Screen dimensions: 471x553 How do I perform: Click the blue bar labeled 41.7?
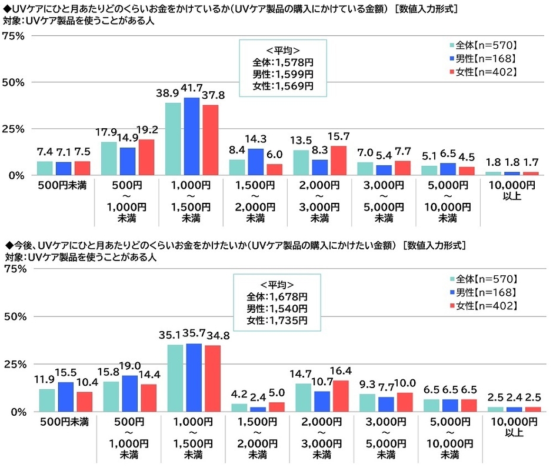[x=191, y=136]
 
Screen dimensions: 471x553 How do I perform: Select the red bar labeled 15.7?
[x=338, y=160]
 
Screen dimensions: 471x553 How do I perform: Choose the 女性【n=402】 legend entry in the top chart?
[x=483, y=72]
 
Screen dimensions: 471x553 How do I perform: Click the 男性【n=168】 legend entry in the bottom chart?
[x=483, y=292]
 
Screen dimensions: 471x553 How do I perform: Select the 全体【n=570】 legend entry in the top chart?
[x=483, y=45]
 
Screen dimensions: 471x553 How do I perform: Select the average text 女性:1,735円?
[x=277, y=320]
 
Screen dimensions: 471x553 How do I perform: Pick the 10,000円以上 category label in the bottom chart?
[x=509, y=427]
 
